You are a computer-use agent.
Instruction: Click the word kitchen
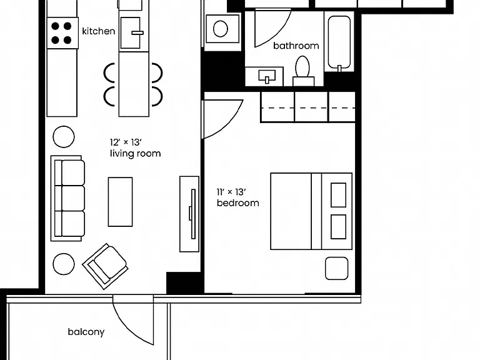pyautogui.click(x=99, y=31)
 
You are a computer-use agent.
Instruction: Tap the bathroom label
pyautogui.click(x=296, y=46)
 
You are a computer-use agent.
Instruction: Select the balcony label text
pyautogui.click(x=86, y=332)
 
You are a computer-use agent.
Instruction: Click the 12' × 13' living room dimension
pyautogui.click(x=126, y=142)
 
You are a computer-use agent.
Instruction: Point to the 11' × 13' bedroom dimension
pyautogui.click(x=231, y=192)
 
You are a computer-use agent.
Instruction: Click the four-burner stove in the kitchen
pyautogui.click(x=62, y=32)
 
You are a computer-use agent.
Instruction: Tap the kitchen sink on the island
pyautogui.click(x=131, y=32)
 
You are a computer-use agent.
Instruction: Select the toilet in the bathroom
pyautogui.click(x=302, y=71)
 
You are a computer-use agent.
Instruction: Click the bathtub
pyautogui.click(x=339, y=43)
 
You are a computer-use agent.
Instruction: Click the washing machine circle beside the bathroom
pyautogui.click(x=221, y=29)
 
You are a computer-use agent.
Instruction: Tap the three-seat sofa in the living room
pyautogui.click(x=67, y=198)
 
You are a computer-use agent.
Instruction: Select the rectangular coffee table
pyautogui.click(x=120, y=202)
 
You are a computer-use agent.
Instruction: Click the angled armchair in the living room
pyautogui.click(x=105, y=266)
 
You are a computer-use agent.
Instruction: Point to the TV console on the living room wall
pyautogui.click(x=189, y=214)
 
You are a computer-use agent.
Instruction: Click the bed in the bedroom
pyautogui.click(x=311, y=211)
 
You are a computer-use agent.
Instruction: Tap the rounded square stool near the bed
pyautogui.click(x=336, y=269)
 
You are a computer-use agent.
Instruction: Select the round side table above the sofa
pyautogui.click(x=64, y=137)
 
